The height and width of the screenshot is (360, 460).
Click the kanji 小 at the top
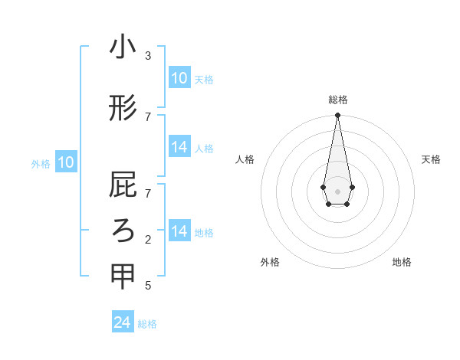coord(123,47)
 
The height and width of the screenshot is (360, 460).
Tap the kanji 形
coord(123,108)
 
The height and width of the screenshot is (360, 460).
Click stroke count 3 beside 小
coord(148,56)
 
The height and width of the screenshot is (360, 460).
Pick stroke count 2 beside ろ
coord(148,240)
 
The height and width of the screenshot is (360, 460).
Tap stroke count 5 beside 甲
coord(148,286)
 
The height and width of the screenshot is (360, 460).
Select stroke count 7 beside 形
coord(148,116)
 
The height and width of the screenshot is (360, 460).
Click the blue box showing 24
coord(123,322)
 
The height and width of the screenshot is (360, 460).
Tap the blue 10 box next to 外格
coord(66,162)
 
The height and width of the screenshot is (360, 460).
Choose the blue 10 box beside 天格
coord(179,78)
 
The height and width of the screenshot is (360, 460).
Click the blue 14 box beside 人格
coord(179,147)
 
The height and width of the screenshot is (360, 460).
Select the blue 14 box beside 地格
coord(179,231)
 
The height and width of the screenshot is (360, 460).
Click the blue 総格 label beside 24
coord(147,324)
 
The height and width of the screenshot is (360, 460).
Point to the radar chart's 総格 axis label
coord(338,100)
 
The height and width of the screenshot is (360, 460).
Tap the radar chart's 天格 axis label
coord(431,159)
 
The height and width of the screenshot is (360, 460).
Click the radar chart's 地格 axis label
coord(402,262)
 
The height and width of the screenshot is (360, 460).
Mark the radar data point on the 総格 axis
coord(337,116)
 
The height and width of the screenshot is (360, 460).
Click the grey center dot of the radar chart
coord(337,191)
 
